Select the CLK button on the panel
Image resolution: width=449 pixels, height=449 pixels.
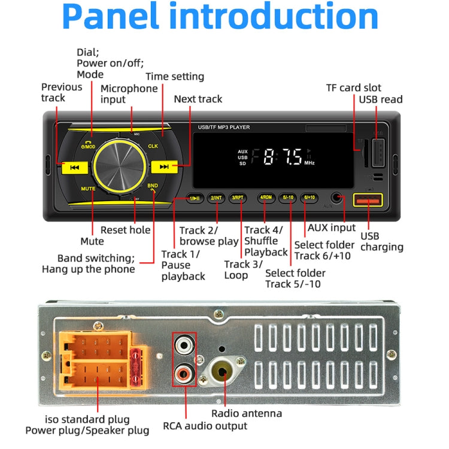tap(153, 146)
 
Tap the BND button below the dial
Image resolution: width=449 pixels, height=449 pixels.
tap(153, 186)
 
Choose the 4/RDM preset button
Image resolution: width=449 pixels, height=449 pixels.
tap(265, 198)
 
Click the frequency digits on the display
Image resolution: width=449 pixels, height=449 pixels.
tap(277, 157)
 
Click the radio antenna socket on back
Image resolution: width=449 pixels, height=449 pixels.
tap(222, 372)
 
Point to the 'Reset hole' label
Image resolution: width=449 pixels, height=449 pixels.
tap(125, 229)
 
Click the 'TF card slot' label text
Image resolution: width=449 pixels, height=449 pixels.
tap(353, 87)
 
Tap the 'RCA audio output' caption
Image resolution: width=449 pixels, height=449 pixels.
tap(205, 426)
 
